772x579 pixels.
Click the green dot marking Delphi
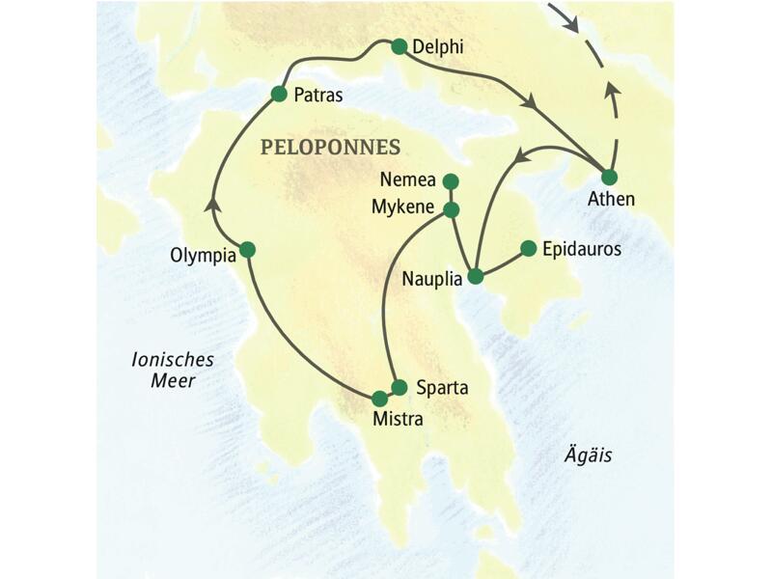(x=400, y=45)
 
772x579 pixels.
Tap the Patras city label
(x=319, y=95)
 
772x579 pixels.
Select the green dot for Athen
(x=609, y=177)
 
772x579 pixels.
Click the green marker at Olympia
(x=247, y=249)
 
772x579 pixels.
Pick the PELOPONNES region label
(x=330, y=148)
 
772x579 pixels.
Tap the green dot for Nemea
(x=450, y=180)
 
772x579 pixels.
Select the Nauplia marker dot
(x=475, y=276)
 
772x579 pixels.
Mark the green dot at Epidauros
(x=528, y=248)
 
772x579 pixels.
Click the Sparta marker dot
(x=400, y=387)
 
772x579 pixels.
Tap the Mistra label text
(x=398, y=420)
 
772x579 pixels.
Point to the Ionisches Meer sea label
(x=173, y=370)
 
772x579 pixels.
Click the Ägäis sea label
(x=589, y=454)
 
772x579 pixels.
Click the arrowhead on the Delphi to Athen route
(x=529, y=101)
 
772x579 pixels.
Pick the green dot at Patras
(x=279, y=94)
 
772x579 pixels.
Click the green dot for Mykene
(x=450, y=208)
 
